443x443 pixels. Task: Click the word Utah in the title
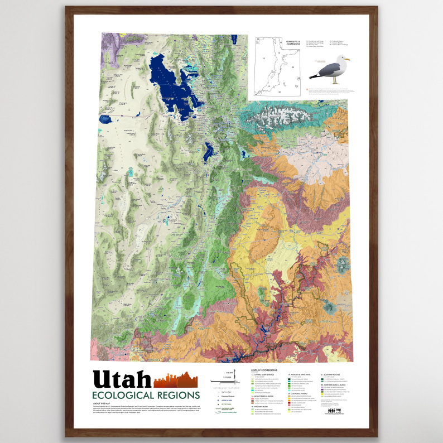point(122,379)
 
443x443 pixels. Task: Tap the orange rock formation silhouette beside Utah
point(176,379)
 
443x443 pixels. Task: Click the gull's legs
point(335,80)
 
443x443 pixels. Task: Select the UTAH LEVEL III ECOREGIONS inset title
point(292,42)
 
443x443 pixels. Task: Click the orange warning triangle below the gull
point(306,89)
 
